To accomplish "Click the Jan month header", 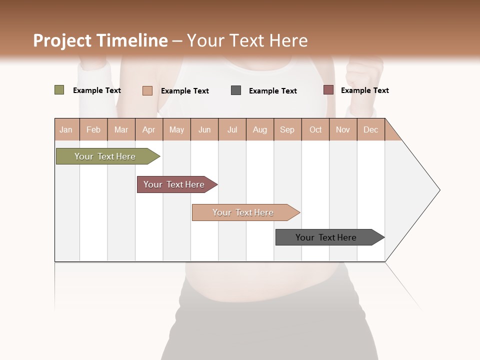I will click(x=66, y=129).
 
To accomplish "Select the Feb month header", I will click(x=93, y=129).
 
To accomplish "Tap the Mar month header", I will click(x=121, y=129).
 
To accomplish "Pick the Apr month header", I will click(x=149, y=129).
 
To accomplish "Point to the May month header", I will click(x=176, y=129).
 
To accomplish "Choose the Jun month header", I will click(x=204, y=129).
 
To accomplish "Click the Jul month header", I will click(x=232, y=129).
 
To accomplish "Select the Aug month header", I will click(x=260, y=129).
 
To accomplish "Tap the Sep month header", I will click(x=287, y=129).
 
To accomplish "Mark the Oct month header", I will click(x=315, y=129).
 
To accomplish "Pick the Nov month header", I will click(x=343, y=129).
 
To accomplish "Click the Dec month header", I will click(x=371, y=129).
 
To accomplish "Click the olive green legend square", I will click(x=59, y=90).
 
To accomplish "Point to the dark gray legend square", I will click(x=236, y=90).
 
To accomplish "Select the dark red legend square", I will click(x=328, y=90).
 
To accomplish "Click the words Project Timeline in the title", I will click(x=100, y=40).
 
